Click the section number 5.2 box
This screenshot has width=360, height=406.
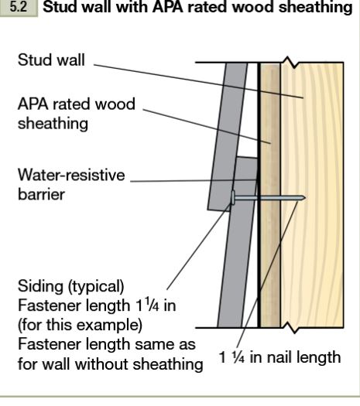click(x=19, y=7)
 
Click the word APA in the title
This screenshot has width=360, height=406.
click(x=168, y=7)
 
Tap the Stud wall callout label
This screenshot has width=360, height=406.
click(x=51, y=60)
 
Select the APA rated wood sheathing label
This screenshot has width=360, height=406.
click(x=77, y=114)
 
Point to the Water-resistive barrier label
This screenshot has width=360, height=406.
click(x=71, y=184)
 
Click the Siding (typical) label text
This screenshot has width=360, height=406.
click(x=70, y=286)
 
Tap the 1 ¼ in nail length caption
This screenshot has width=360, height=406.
click(x=279, y=357)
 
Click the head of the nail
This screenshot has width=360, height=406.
click(x=233, y=198)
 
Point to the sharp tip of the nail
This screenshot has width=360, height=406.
click(x=305, y=198)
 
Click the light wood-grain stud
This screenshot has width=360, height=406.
click(x=312, y=195)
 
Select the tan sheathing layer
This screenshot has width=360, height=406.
click(x=270, y=195)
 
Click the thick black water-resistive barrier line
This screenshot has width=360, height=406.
click(x=259, y=195)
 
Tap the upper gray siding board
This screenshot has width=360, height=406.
click(x=228, y=136)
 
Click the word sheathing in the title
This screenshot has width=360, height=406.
click(x=315, y=7)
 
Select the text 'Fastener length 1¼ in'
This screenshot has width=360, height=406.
click(x=97, y=305)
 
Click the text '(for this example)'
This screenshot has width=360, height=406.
click(x=80, y=325)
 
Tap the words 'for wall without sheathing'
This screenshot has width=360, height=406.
click(x=110, y=364)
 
